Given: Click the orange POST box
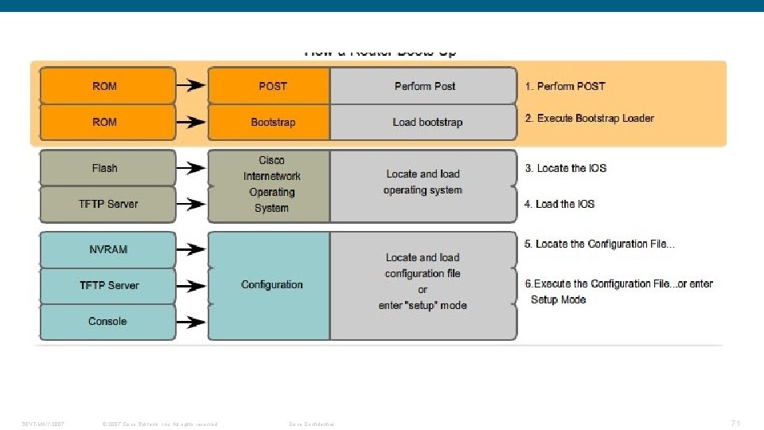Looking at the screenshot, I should point(269,86).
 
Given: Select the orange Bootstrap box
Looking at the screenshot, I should point(269,122).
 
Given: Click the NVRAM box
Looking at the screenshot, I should point(107,249).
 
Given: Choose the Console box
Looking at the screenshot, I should point(107,321).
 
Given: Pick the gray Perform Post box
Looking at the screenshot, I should point(423,86).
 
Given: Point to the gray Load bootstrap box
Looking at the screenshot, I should point(423,122).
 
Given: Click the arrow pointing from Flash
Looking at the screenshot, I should point(191,168).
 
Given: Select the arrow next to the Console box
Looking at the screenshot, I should point(191,322).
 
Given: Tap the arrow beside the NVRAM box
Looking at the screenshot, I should point(191,249).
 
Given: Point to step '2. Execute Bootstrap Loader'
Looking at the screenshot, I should point(589,118).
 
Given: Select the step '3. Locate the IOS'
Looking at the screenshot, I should point(565,168).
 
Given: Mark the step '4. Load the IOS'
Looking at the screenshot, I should point(559,204).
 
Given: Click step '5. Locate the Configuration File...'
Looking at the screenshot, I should point(599,244).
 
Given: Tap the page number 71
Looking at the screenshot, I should point(735,423).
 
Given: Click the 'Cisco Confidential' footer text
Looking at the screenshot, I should point(311,424).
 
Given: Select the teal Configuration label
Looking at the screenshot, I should point(271,284).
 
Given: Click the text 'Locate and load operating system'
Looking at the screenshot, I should point(423,182).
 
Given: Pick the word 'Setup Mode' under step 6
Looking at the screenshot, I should point(559,299).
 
